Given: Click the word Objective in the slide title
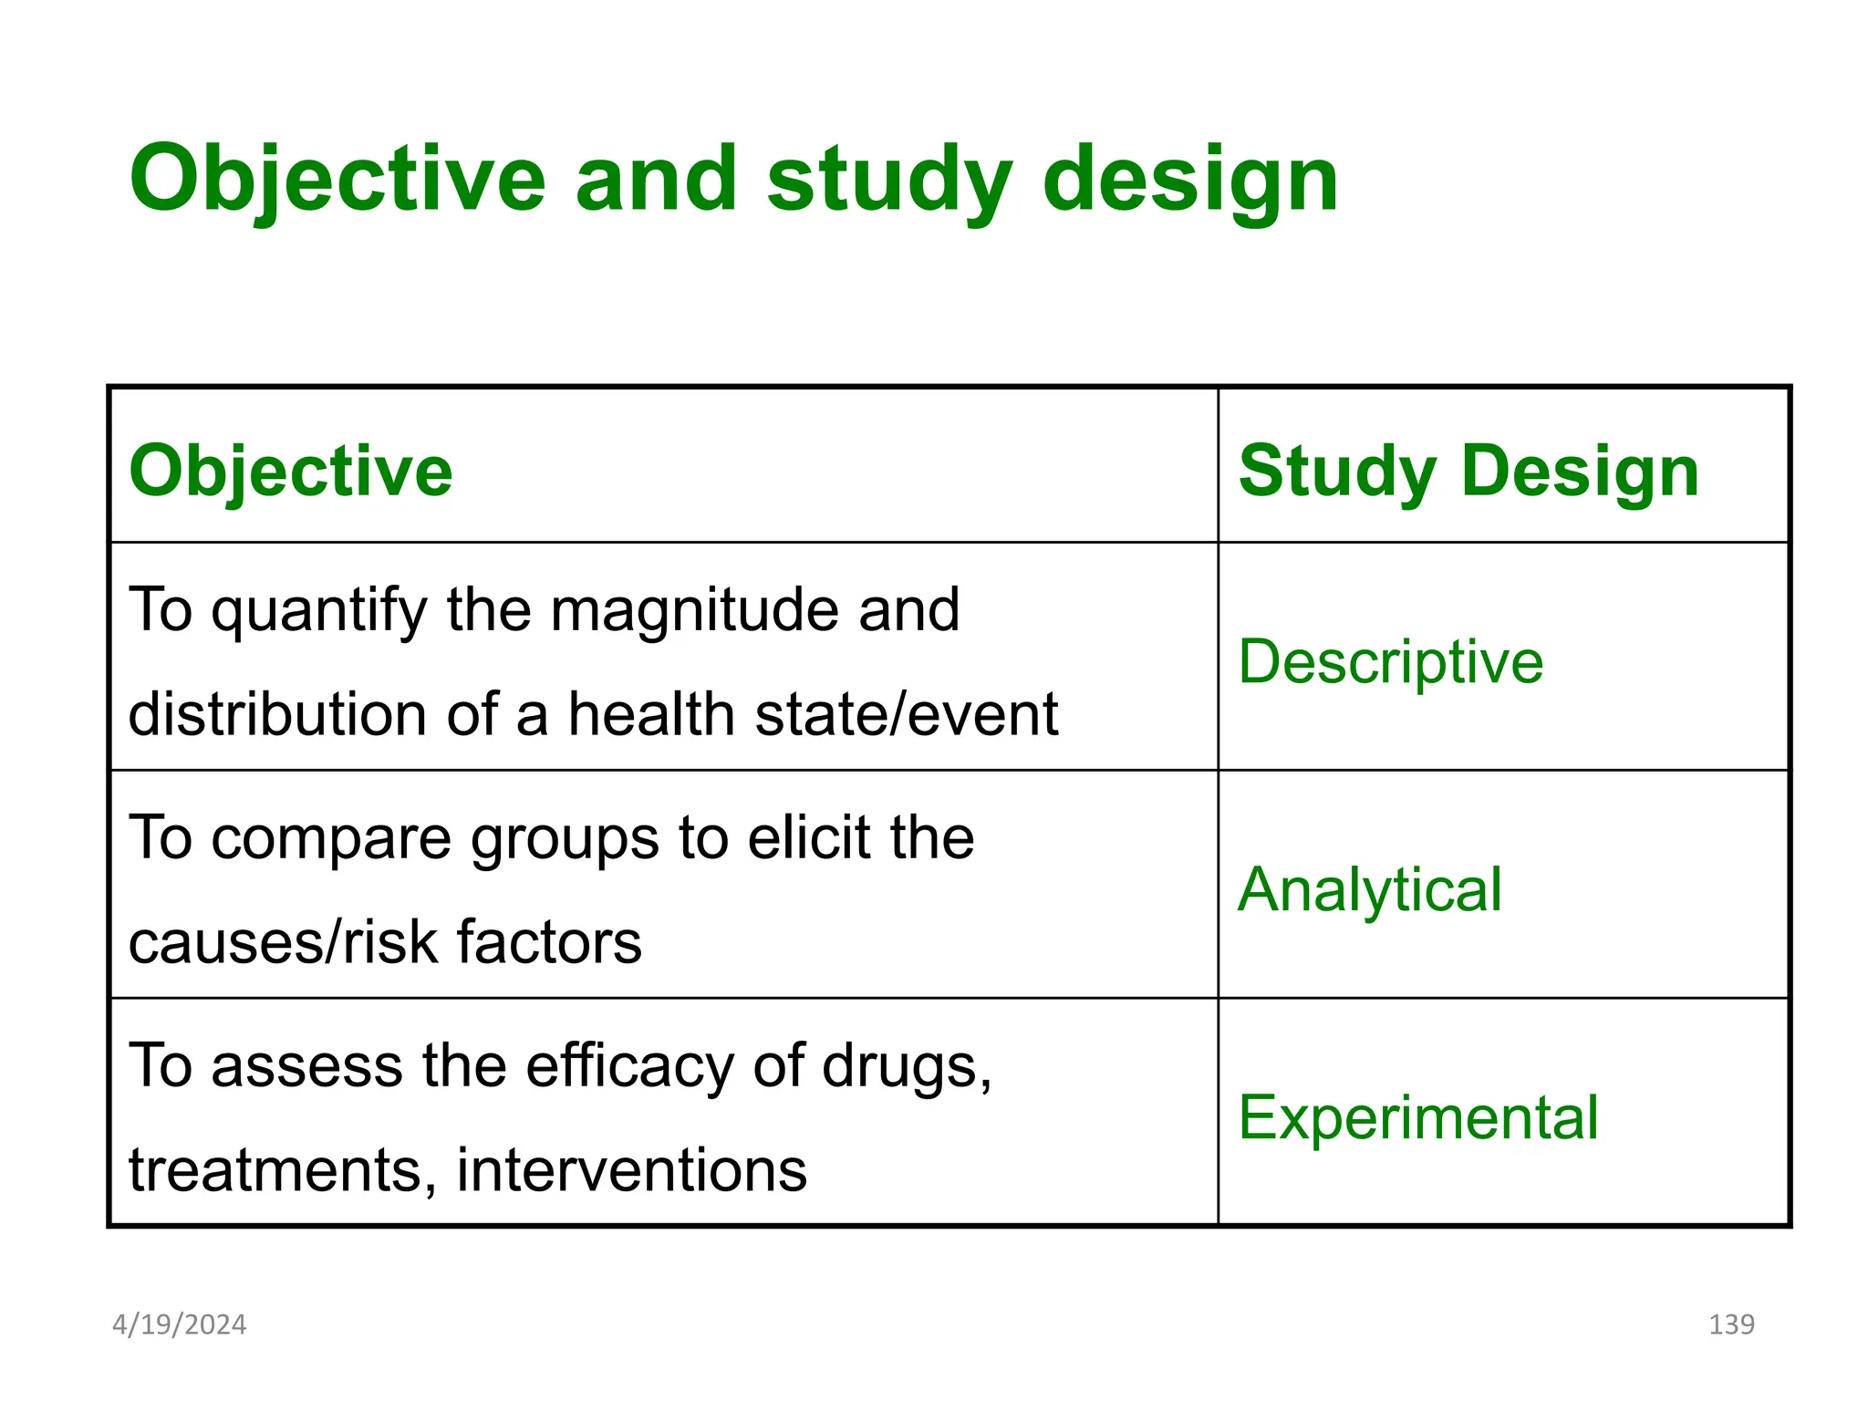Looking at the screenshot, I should tap(337, 180).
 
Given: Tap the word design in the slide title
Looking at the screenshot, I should tap(1189, 180).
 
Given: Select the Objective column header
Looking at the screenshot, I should tap(290, 472).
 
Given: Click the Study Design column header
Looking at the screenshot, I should tap(1468, 472).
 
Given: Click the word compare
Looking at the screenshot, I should tap(331, 838).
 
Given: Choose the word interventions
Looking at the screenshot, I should tap(631, 1170).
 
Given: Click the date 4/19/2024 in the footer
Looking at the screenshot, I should tap(179, 1324).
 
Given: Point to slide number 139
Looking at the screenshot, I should tap(1730, 1324).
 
